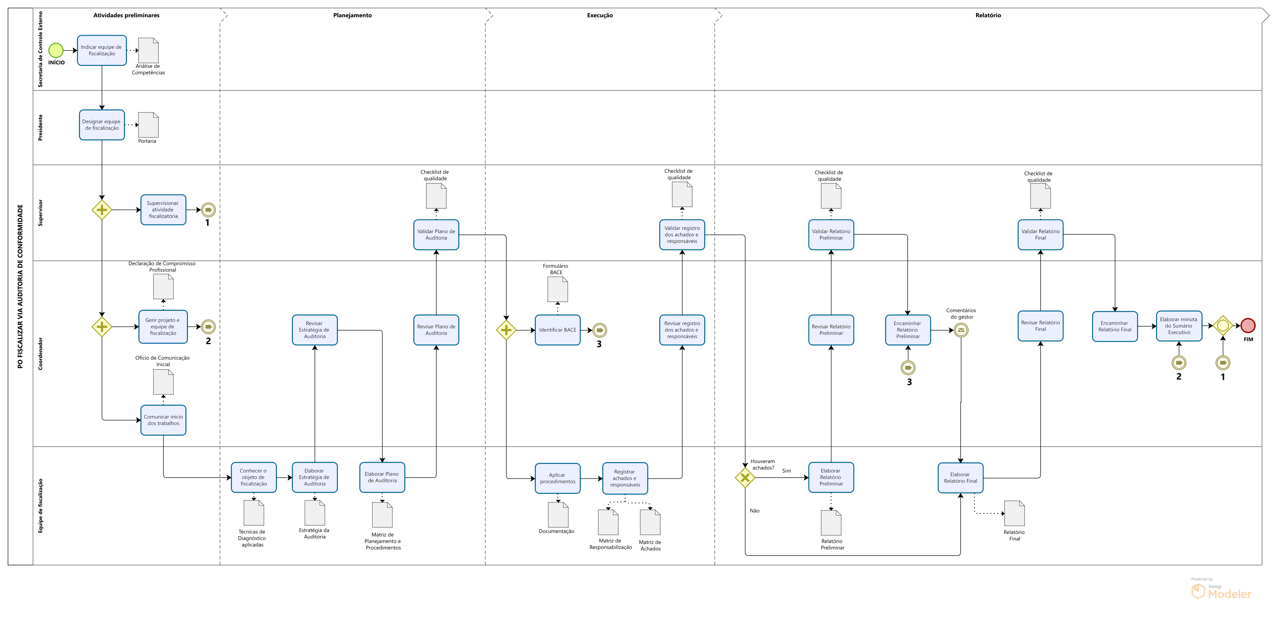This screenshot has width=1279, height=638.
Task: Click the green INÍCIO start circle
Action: [56, 50]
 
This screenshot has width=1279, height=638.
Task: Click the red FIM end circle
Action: [1248, 326]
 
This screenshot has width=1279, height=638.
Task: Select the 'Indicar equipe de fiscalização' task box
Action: [102, 50]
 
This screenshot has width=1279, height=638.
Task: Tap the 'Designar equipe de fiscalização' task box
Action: [102, 125]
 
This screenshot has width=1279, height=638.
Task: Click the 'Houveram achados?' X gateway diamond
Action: [745, 478]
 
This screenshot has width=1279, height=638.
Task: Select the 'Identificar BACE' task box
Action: [558, 330]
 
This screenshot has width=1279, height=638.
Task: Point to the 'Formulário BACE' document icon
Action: [558, 289]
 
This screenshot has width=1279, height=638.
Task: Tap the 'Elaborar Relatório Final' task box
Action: [960, 478]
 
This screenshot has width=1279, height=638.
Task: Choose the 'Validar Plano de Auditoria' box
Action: [436, 234]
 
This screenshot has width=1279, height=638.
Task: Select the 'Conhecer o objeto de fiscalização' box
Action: [254, 477]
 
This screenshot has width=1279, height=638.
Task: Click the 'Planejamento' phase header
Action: [353, 15]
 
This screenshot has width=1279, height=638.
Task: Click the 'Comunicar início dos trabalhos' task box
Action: [163, 420]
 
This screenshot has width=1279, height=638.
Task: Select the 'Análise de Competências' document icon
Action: [148, 50]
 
